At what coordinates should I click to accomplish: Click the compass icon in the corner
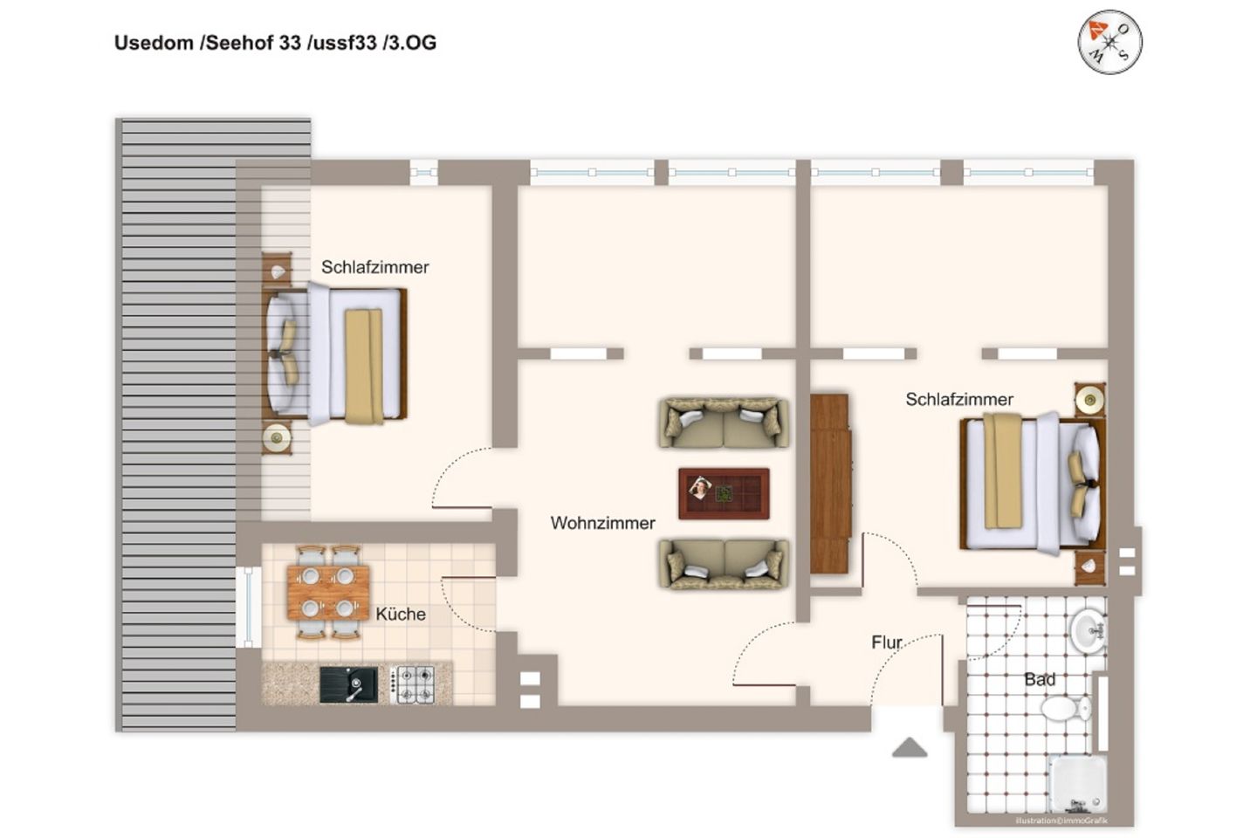click(x=1109, y=41)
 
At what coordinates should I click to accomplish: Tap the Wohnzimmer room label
click(x=602, y=523)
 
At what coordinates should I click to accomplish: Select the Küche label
click(x=401, y=614)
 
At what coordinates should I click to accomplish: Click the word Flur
click(x=887, y=642)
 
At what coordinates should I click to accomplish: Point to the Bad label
click(x=1040, y=678)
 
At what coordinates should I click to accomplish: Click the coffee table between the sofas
click(x=724, y=493)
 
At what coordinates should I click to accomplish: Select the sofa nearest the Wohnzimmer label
click(x=723, y=564)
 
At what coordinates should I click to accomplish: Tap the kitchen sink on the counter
click(x=348, y=684)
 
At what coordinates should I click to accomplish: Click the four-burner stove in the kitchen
click(x=413, y=684)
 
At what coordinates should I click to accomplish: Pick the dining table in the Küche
click(x=328, y=592)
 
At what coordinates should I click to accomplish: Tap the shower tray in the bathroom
click(x=1078, y=783)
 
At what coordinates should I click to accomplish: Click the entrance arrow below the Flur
click(x=910, y=747)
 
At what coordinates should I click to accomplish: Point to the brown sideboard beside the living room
click(x=829, y=484)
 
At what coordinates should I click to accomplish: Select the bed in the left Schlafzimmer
click(x=336, y=353)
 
